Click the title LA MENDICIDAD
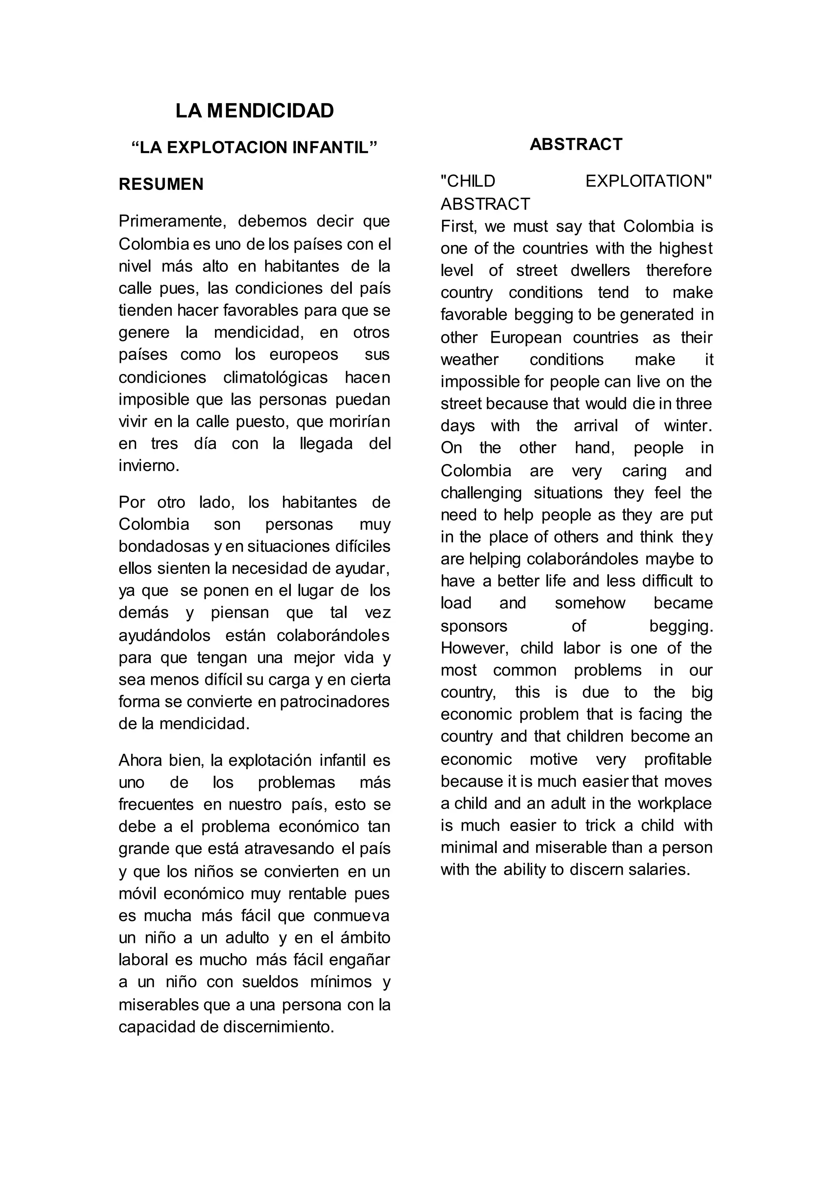255,111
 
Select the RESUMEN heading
161,184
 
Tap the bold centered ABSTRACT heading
576,145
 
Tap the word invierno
149,466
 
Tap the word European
526,338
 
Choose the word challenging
481,493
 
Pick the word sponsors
474,626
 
